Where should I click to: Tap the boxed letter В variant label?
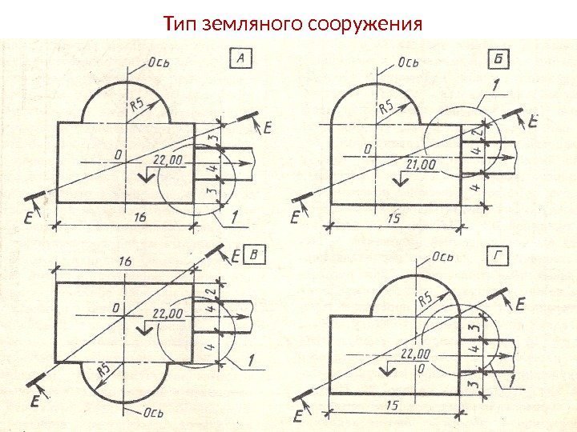point(255,254)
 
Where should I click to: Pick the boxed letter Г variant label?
point(499,257)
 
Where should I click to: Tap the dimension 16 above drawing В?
point(125,262)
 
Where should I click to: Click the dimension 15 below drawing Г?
point(391,406)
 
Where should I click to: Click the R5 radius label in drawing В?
point(103,371)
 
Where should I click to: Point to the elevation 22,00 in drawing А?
point(167,160)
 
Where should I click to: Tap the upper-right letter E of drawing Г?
point(520,304)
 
